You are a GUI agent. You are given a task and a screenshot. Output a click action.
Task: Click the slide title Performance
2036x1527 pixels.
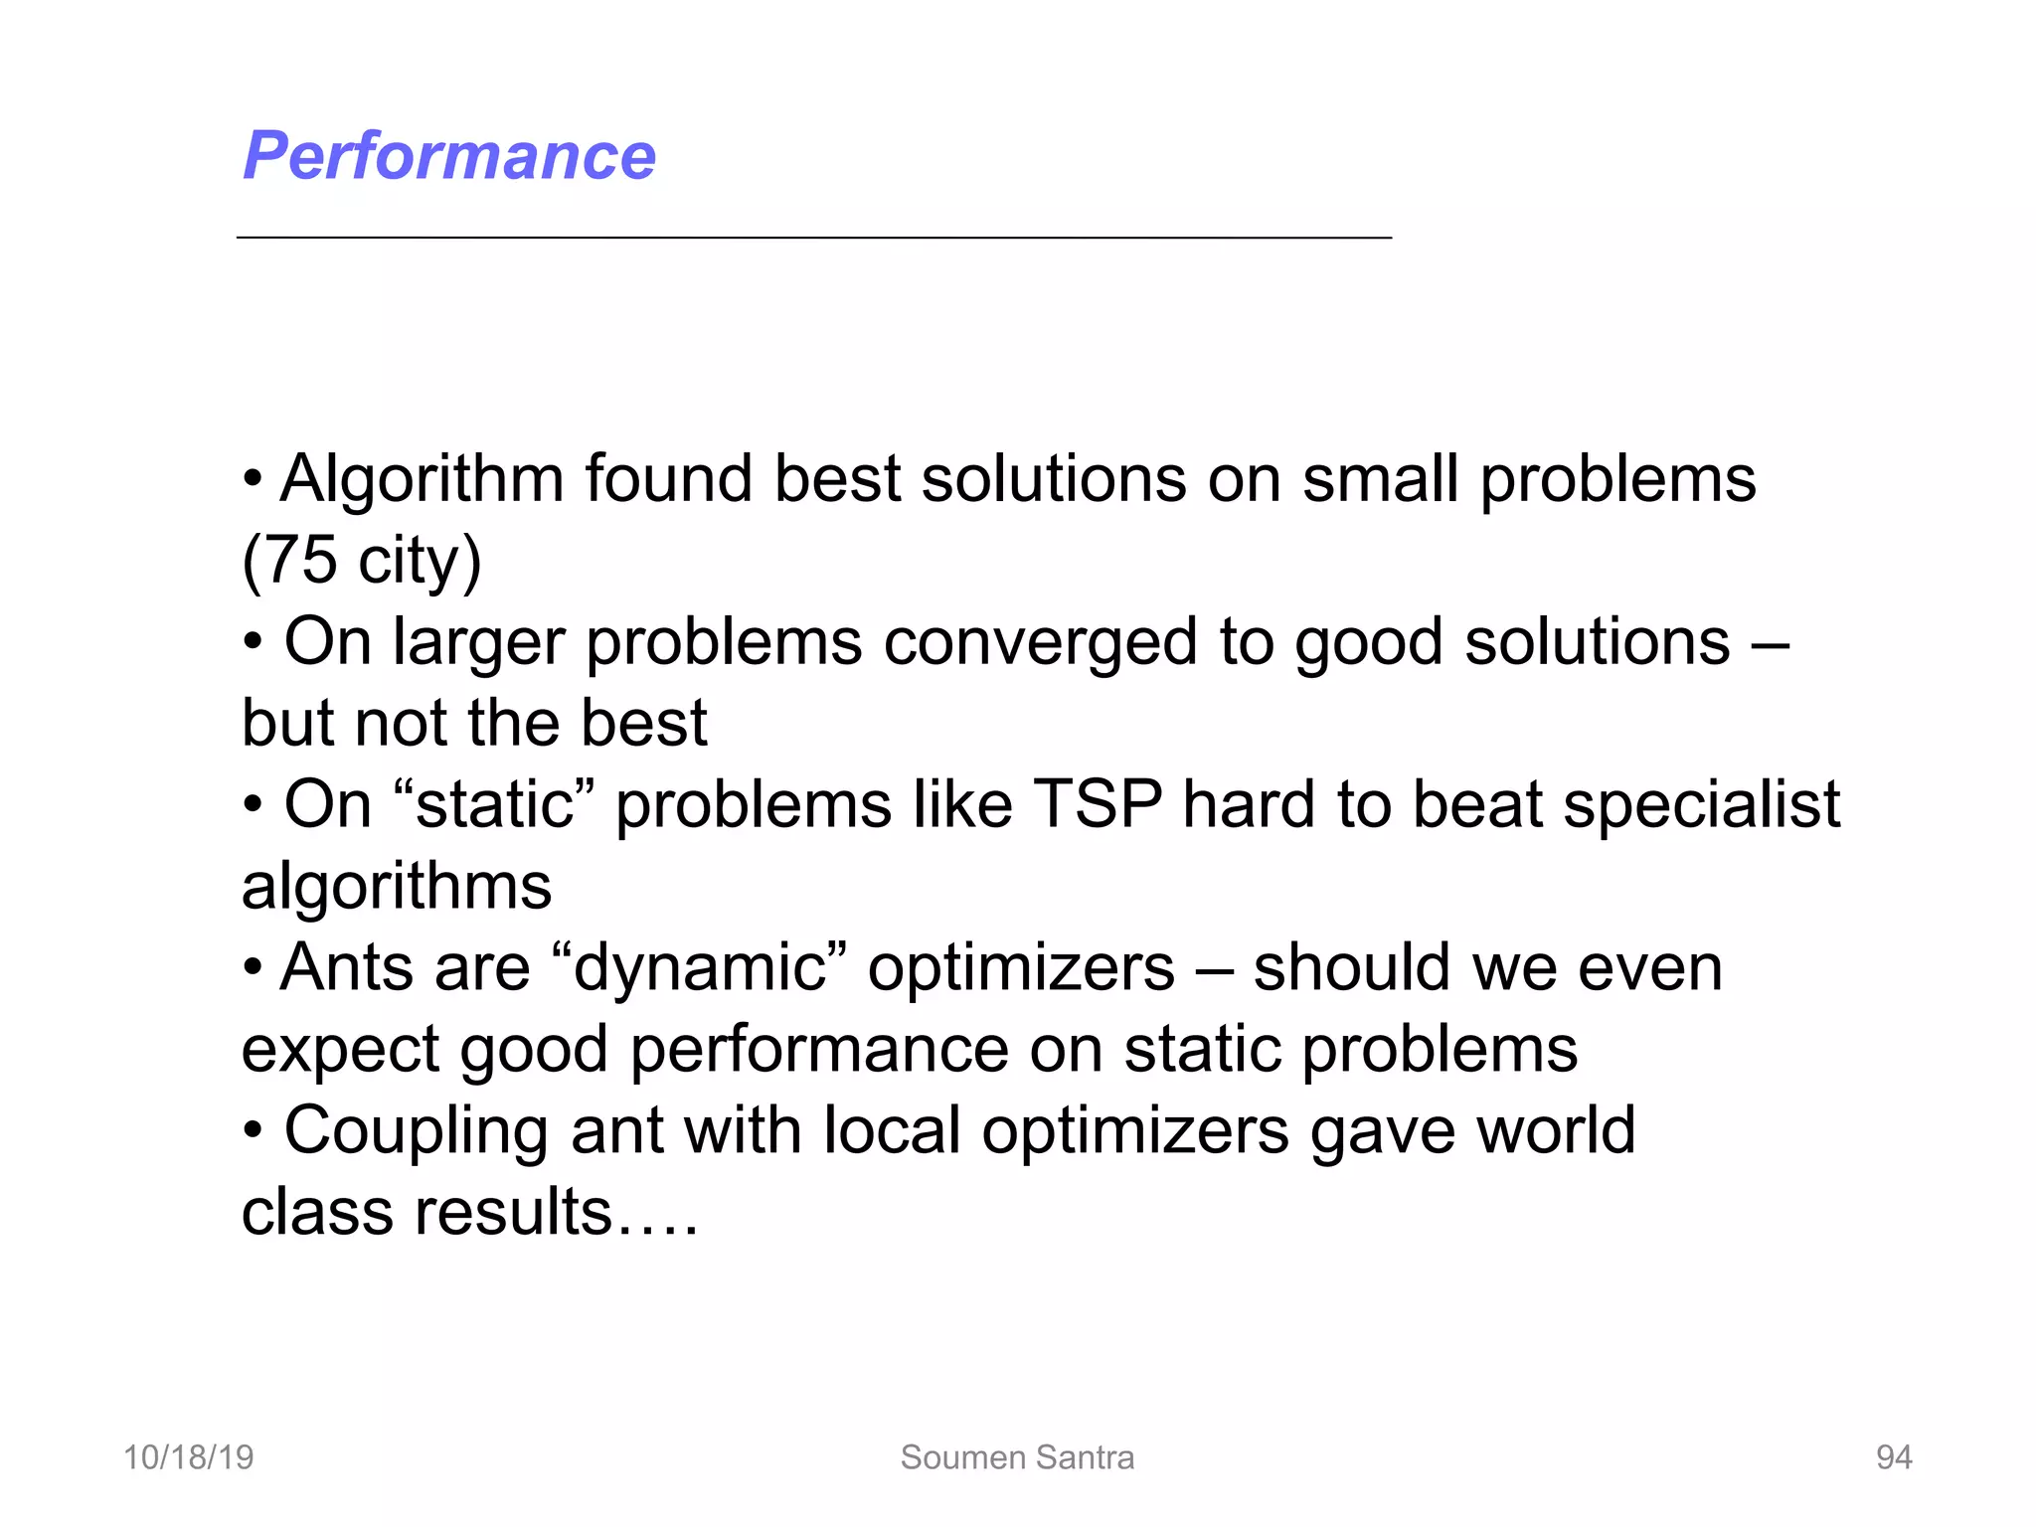click(449, 156)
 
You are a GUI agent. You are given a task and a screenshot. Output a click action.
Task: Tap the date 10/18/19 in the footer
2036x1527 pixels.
click(188, 1457)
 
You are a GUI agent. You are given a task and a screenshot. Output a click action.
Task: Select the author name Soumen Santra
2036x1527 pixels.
click(1017, 1457)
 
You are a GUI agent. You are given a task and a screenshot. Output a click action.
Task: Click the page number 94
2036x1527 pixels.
click(1893, 1457)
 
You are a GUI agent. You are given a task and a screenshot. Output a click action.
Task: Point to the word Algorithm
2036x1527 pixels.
click(422, 479)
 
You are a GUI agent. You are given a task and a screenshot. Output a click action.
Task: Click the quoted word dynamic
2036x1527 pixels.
click(699, 967)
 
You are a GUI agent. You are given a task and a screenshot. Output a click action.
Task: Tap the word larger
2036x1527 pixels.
click(479, 643)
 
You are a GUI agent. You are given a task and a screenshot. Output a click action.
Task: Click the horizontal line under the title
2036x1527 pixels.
click(813, 238)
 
